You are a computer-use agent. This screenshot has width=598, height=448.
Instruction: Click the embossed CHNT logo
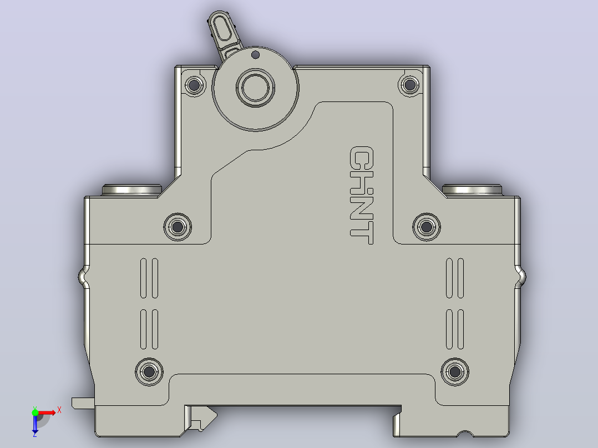pyautogui.click(x=361, y=195)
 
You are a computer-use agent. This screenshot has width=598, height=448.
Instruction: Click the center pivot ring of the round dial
pyautogui.click(x=255, y=87)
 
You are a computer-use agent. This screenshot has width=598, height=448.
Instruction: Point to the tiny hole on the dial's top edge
pyautogui.click(x=256, y=55)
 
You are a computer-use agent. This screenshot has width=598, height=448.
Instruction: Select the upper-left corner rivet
pyautogui.click(x=195, y=85)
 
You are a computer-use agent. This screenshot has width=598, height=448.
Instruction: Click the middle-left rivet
pyautogui.click(x=178, y=227)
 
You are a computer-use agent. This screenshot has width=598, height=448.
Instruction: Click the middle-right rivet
pyautogui.click(x=427, y=227)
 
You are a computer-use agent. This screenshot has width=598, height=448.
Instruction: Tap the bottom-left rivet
pyautogui.click(x=149, y=371)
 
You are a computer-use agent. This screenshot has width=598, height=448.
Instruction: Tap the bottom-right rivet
pyautogui.click(x=455, y=371)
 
